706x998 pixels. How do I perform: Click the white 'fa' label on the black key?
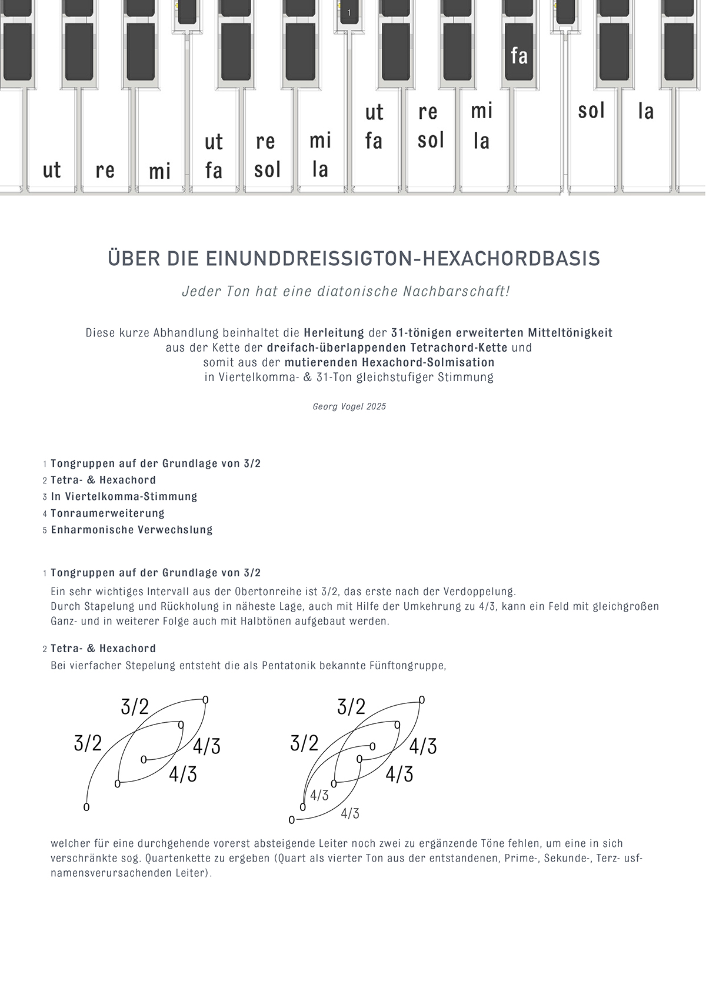(519, 56)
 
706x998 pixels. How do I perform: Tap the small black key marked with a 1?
(349, 12)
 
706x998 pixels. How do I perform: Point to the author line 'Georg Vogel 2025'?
(349, 406)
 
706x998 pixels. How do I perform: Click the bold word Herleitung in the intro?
(334, 333)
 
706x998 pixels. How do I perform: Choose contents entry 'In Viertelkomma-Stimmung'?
(124, 496)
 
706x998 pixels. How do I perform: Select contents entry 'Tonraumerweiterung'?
(108, 513)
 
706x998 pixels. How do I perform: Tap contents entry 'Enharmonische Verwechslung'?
(132, 529)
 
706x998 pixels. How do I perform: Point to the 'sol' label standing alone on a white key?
(591, 111)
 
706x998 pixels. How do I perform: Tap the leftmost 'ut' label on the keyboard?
(52, 171)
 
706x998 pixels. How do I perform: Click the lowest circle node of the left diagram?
(86, 807)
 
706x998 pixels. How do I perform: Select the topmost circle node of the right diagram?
(422, 700)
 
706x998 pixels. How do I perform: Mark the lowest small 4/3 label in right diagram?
(350, 813)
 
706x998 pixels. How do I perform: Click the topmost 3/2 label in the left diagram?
(135, 706)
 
